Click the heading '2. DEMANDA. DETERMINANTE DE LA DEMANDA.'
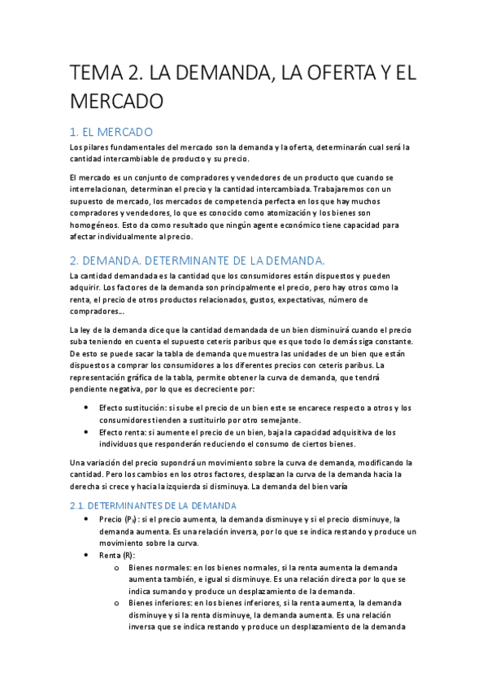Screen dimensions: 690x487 pyautogui.click(x=198, y=260)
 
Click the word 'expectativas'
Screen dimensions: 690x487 pyautogui.click(x=300, y=299)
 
